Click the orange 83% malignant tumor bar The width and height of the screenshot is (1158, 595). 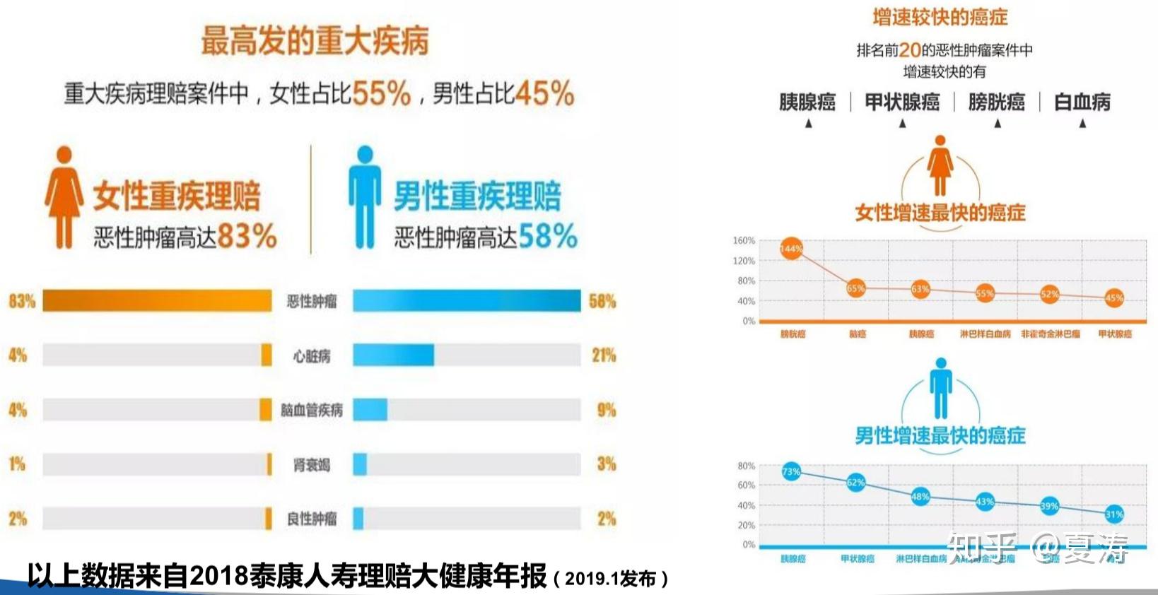157,300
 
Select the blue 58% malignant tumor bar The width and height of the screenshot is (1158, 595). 467,300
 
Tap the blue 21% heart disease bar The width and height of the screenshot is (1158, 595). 393,355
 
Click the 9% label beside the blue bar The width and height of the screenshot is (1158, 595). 606,410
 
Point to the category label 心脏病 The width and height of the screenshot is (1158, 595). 312,356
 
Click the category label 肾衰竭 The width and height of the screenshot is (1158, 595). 312,465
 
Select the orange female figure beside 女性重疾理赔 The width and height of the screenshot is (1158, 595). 64,197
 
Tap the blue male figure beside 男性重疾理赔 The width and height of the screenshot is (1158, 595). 365,197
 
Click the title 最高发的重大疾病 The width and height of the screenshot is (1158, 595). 315,40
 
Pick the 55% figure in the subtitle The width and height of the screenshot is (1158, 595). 381,93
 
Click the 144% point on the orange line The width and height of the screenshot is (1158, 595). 791,249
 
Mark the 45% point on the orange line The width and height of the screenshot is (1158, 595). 1114,297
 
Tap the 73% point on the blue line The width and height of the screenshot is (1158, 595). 791,471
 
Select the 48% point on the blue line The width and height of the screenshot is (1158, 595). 920,497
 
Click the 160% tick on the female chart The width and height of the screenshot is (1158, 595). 744,241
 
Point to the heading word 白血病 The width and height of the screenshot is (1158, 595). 1082,102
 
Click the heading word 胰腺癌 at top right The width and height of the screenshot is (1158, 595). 807,102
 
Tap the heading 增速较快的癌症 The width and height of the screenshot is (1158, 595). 940,17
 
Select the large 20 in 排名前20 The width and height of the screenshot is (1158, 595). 910,50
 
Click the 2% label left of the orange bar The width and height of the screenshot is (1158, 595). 18,519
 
